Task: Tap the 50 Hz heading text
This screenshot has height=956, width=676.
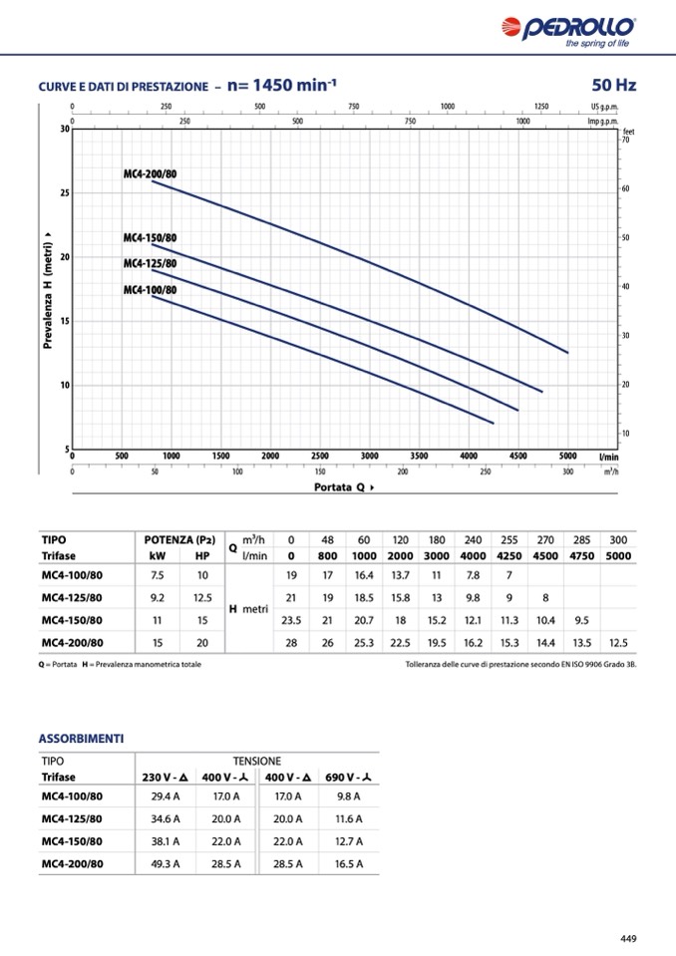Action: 613,86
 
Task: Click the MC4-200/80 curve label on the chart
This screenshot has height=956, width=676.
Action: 150,174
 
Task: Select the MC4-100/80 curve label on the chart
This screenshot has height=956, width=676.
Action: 150,290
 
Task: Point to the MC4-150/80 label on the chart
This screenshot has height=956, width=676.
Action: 150,238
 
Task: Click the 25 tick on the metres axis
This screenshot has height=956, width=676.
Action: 65,192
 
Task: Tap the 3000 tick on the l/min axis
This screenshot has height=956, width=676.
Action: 369,456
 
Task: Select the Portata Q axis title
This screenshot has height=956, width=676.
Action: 344,487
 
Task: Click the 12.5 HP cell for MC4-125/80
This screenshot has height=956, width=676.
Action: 202,597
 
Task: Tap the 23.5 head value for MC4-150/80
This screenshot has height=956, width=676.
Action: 291,619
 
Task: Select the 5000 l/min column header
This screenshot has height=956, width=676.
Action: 618,555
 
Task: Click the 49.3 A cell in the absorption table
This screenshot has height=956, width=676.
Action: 166,863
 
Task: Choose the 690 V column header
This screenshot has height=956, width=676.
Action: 349,777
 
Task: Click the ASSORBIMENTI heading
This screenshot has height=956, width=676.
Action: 81,739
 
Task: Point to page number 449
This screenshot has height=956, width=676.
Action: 627,938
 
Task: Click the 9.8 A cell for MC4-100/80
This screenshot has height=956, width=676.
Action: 349,797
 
